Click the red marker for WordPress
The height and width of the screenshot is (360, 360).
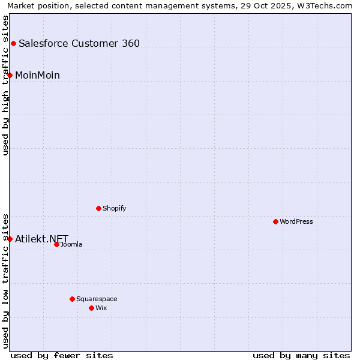(275, 221)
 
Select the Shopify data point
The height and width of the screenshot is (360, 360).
(98, 208)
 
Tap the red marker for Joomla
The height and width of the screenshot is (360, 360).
(56, 244)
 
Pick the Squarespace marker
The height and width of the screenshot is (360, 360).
(72, 299)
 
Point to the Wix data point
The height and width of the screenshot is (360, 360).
(91, 308)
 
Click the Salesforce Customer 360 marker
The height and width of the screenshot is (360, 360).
(13, 43)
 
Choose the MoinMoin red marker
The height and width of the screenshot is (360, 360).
(10, 75)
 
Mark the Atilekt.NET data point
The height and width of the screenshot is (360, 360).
(10, 239)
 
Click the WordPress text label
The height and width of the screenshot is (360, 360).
(296, 221)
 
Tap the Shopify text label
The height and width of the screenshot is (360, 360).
(114, 208)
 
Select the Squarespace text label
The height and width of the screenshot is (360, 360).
(97, 299)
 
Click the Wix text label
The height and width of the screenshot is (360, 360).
(101, 308)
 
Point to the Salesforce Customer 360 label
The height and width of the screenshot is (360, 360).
(79, 43)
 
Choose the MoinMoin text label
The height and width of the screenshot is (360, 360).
(37, 75)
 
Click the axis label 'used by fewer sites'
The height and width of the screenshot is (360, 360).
(62, 355)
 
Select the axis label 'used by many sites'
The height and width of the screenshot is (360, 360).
(301, 355)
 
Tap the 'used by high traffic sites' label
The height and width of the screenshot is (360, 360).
(5, 85)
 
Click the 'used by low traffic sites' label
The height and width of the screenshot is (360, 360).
(5, 280)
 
